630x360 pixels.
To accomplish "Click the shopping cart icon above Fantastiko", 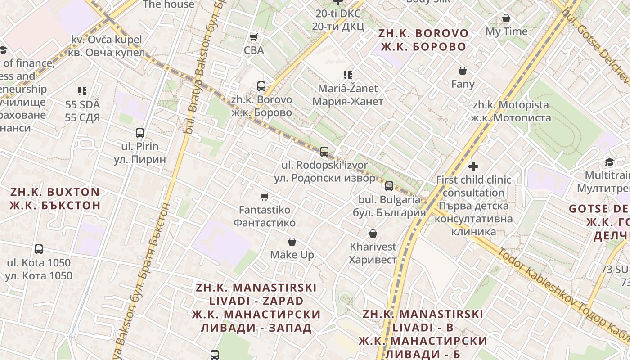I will pos(265,197).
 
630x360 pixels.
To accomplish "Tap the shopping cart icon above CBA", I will pos(254,37).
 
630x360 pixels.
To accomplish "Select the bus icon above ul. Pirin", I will pos(140,133).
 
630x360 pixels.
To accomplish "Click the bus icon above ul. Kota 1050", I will pos(39,249).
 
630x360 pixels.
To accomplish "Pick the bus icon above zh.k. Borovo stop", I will pos(261,86).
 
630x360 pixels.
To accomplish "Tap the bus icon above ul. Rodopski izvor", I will pos(324,152).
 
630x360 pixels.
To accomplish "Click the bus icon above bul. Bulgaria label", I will pos(389,186).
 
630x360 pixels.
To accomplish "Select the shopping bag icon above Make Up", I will pos(292,242).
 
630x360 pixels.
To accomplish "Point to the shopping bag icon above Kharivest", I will pos(373,234).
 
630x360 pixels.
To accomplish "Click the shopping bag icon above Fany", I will pos(463,71).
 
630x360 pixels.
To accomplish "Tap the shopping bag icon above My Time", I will pos(506,18).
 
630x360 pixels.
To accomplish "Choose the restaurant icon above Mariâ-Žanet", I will pos(347,75).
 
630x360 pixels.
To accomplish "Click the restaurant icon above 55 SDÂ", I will pos(82,91).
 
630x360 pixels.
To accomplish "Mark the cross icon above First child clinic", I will pos(473,166).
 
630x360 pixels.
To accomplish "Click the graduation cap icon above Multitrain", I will pos(609,162).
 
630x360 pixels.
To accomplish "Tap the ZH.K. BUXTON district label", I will pos(55,198).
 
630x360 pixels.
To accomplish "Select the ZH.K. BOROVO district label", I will pos(423,40).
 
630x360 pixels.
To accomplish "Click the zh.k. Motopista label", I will pos(511,111).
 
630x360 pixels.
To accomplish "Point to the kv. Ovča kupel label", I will pos(107,46).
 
